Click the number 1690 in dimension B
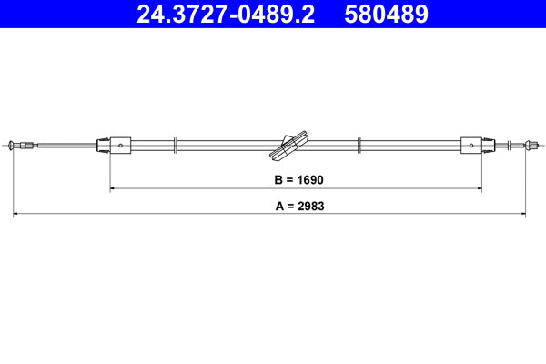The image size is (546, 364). tap(309, 180)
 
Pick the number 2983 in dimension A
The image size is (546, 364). tap(309, 206)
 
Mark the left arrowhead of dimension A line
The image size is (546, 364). tap(16, 215)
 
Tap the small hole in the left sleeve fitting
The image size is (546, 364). tap(121, 144)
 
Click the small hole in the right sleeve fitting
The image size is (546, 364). tap(473, 144)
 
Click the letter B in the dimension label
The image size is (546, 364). tap(278, 180)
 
